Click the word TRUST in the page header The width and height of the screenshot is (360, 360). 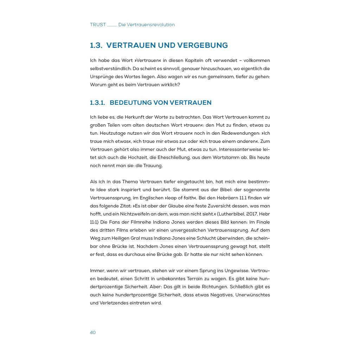(x=98, y=25)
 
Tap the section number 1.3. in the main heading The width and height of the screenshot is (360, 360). (x=96, y=45)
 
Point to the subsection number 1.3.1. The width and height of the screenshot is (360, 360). (x=97, y=103)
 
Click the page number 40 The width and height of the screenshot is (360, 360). (x=93, y=333)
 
